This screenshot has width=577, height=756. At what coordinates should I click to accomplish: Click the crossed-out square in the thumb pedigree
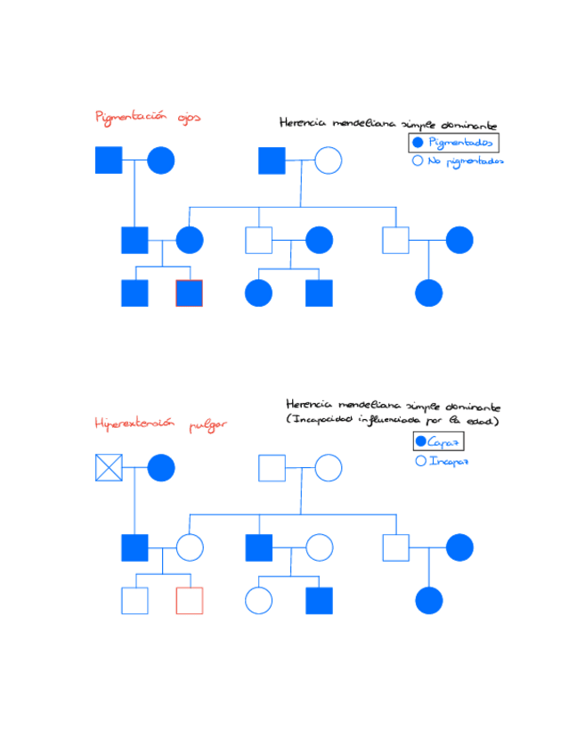coord(109,467)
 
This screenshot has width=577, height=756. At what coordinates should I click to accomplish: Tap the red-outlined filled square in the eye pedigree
coord(189,293)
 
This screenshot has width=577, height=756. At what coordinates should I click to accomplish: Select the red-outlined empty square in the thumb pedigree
coord(189,601)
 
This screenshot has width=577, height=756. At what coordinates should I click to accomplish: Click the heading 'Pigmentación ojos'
coord(148,117)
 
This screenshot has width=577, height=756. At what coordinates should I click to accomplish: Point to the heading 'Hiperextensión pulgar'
coord(160,424)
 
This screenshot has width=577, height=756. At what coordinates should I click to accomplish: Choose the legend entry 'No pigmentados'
coord(458,161)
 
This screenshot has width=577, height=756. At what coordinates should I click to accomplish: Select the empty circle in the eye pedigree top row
coord(328,160)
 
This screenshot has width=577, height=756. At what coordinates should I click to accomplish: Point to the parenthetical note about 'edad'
coord(392,419)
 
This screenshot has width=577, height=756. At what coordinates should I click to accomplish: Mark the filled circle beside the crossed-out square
coord(161,467)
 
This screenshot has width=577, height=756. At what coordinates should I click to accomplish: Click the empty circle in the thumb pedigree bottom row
coord(258,601)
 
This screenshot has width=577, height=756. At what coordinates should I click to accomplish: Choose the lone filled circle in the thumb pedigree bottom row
coord(429,601)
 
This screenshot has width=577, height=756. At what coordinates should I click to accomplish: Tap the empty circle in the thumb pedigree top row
coord(328,467)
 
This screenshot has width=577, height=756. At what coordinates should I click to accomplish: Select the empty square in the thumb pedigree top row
coord(272,467)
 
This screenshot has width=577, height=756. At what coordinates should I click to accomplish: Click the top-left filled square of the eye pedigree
coord(109,160)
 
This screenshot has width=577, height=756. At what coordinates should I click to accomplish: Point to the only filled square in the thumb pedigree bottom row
coord(319,601)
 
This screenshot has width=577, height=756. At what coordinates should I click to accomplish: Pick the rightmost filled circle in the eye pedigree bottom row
coord(429,293)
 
